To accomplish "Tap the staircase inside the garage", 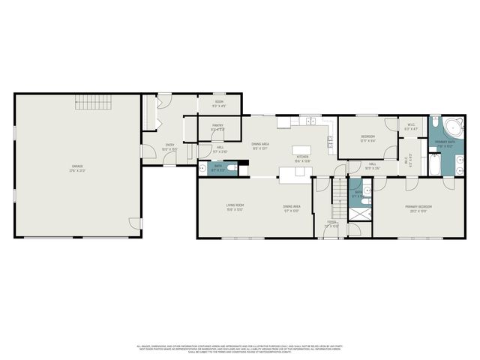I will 95,102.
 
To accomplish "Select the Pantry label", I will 218,127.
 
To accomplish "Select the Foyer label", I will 332,223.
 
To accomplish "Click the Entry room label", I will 169,148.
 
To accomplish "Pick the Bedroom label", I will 368,137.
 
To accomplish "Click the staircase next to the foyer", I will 340,193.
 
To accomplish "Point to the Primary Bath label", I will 445,143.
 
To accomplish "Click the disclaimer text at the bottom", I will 240,349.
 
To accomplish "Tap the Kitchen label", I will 302,159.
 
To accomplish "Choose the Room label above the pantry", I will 219,103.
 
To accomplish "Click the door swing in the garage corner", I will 134,223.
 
